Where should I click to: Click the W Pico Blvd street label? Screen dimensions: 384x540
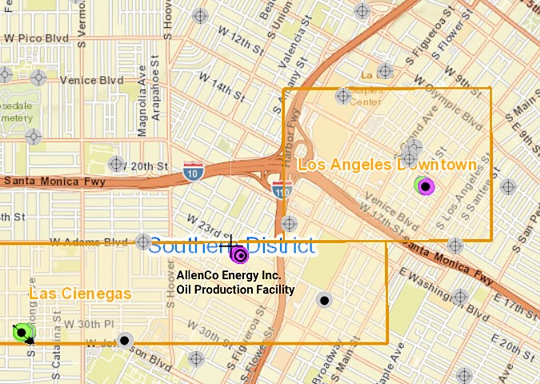(x=37, y=38)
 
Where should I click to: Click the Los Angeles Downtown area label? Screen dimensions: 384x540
(x=387, y=165)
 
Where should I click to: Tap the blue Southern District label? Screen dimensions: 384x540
(x=232, y=245)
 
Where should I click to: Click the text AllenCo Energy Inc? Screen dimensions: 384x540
(x=223, y=275)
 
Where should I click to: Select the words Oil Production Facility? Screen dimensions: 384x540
(x=235, y=290)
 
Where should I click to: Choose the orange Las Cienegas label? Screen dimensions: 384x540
(x=80, y=294)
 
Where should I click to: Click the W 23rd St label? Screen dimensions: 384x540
(x=205, y=225)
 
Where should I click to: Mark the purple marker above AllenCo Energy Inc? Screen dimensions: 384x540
(x=239, y=255)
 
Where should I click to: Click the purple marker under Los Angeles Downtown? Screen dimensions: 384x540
(x=426, y=187)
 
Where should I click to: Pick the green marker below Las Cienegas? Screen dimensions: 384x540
(x=23, y=332)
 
